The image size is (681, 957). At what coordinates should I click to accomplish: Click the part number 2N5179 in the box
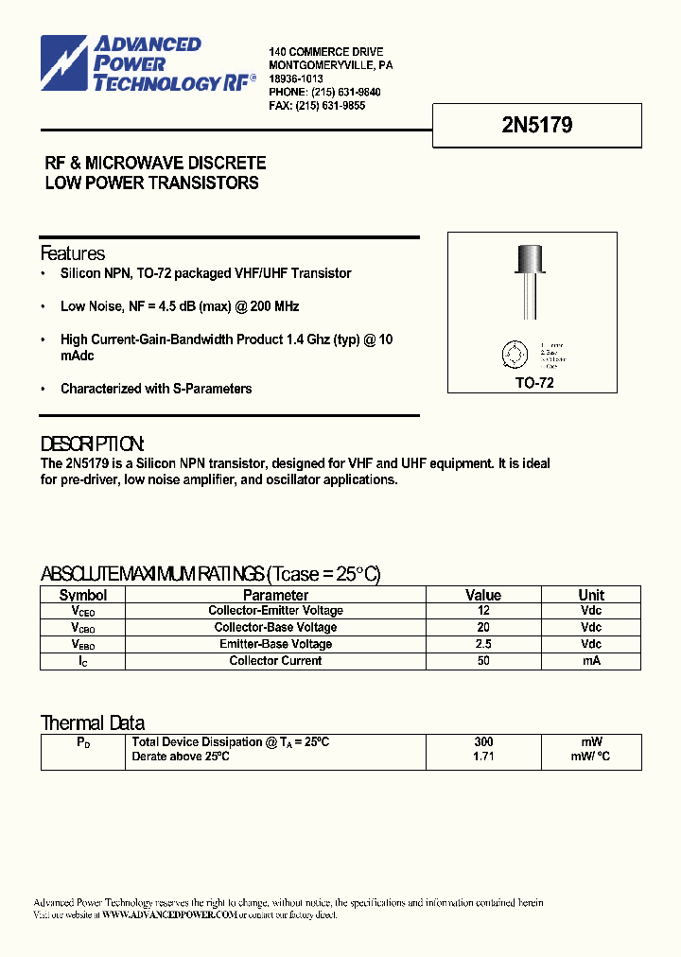[536, 125]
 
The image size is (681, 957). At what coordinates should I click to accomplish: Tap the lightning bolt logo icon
[64, 63]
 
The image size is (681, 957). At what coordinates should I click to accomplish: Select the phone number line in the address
[324, 93]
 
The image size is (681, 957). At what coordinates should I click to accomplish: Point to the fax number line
[317, 106]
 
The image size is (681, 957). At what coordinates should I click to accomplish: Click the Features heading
[73, 253]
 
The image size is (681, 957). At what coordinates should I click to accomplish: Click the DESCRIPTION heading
[93, 444]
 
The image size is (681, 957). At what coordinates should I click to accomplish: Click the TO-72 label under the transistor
[534, 383]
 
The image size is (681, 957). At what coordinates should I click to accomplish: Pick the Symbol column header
[83, 595]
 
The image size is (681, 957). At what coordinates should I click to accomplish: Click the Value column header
[483, 595]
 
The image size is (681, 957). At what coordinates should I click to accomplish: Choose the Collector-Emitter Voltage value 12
[483, 611]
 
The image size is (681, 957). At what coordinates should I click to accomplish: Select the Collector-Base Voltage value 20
[483, 628]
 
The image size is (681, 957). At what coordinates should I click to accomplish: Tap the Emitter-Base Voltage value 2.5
[483, 644]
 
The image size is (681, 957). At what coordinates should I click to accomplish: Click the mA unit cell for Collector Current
[591, 661]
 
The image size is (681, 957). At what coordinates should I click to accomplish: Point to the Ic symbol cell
[83, 661]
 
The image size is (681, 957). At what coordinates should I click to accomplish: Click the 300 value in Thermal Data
[483, 742]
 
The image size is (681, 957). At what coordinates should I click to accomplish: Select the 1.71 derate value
[483, 757]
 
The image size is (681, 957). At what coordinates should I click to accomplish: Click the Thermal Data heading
[93, 723]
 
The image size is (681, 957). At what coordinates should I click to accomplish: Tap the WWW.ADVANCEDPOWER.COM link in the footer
[168, 915]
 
